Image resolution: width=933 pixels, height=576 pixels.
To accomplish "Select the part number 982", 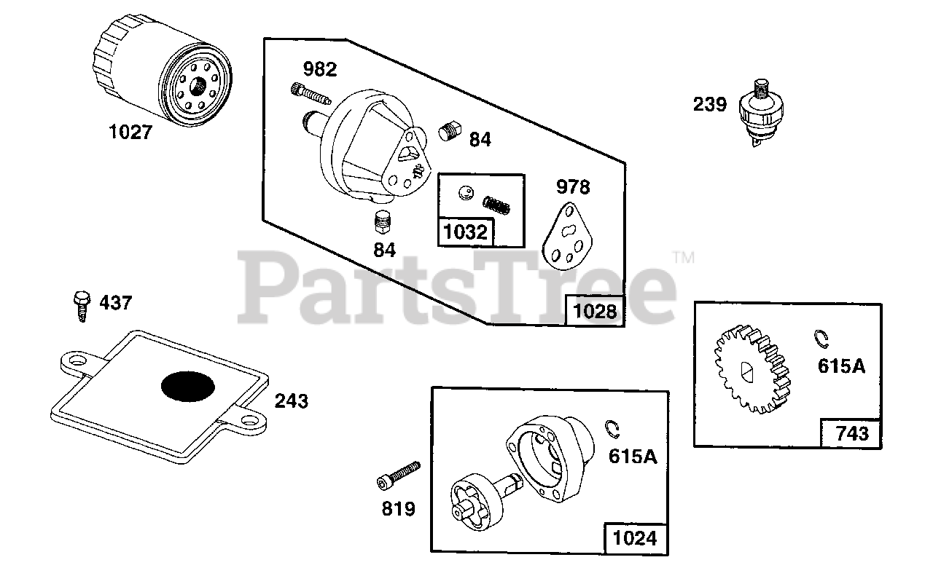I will tap(320, 69).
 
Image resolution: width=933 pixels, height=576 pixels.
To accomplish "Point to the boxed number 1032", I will tap(464, 232).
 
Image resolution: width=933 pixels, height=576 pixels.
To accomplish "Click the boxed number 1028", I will tap(595, 312).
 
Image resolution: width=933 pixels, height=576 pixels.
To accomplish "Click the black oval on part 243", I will tap(187, 386).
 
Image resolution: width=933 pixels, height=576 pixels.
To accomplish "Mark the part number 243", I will tap(291, 401).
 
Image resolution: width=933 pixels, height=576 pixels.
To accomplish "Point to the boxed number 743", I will tap(851, 433).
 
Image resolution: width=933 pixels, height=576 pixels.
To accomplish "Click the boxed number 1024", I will tap(635, 538).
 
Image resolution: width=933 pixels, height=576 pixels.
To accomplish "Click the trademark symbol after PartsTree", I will tap(684, 257).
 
